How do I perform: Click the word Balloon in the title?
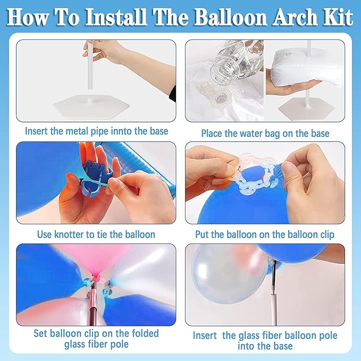click(x=232, y=17)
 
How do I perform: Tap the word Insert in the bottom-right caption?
click(x=205, y=335)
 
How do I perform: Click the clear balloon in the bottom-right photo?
click(x=229, y=274)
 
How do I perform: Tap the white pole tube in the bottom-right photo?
click(x=273, y=306)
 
